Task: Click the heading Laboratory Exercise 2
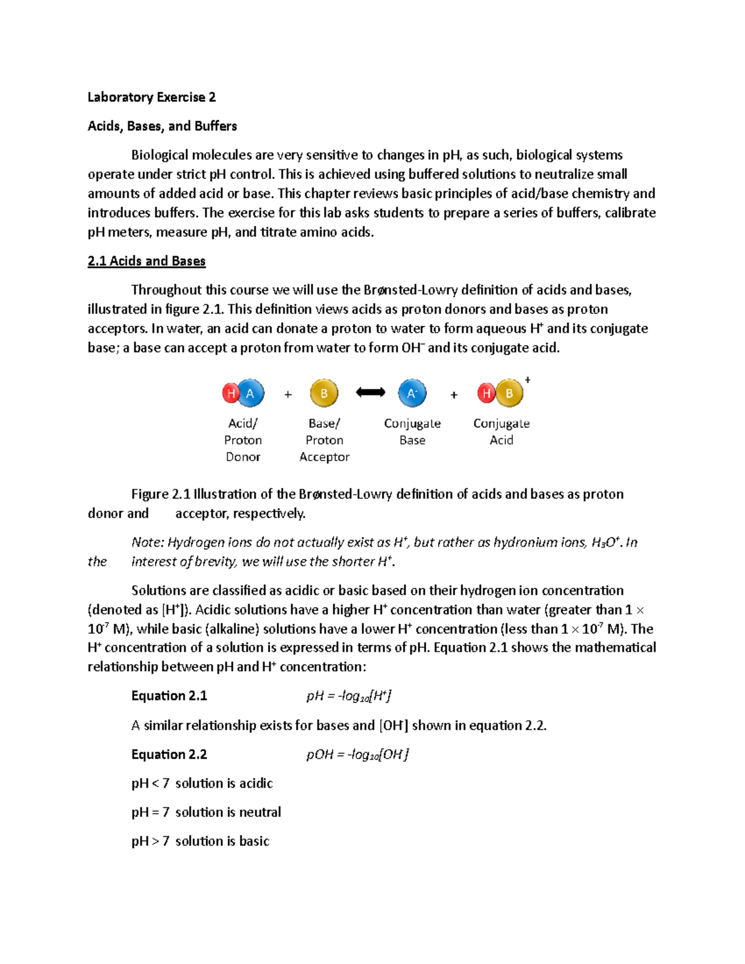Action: pyautogui.click(x=151, y=97)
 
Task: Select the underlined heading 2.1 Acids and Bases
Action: pyautogui.click(x=147, y=261)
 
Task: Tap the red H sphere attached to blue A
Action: pyautogui.click(x=231, y=393)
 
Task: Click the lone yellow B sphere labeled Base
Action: pyautogui.click(x=324, y=393)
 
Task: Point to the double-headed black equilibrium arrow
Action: pyautogui.click(x=371, y=392)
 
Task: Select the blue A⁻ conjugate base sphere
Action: pyautogui.click(x=412, y=393)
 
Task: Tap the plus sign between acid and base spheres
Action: pyautogui.click(x=288, y=395)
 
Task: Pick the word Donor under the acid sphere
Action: pyautogui.click(x=243, y=457)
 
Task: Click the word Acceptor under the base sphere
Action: pyautogui.click(x=324, y=457)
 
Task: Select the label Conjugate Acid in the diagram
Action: pyautogui.click(x=501, y=431)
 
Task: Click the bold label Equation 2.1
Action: pyautogui.click(x=169, y=696)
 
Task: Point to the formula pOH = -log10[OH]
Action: pyautogui.click(x=358, y=755)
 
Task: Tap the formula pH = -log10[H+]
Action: pyautogui.click(x=349, y=696)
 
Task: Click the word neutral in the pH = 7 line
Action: pyautogui.click(x=260, y=812)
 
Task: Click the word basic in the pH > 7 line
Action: pyautogui.click(x=254, y=841)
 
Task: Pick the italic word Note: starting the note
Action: pyautogui.click(x=148, y=543)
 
